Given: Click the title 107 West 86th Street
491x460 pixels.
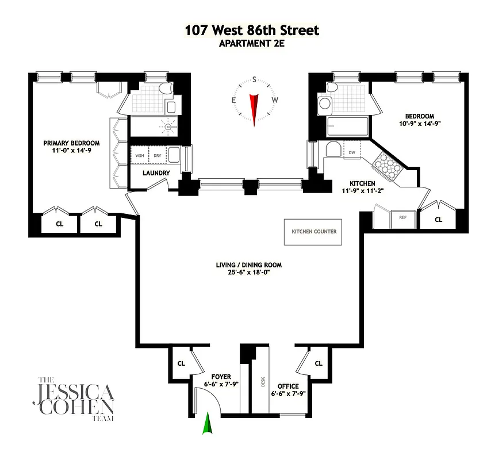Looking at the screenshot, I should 252,30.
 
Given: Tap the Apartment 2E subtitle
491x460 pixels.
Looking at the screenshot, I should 252,43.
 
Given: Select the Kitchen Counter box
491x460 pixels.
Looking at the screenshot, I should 313,232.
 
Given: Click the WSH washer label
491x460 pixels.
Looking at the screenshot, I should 140,155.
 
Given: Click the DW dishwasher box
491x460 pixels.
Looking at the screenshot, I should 352,152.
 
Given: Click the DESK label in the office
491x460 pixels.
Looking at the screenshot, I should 261,380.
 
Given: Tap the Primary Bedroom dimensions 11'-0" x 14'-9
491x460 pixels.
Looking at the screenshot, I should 72,151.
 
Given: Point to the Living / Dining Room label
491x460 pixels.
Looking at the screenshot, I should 248,265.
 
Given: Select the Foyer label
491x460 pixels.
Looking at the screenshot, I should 221,377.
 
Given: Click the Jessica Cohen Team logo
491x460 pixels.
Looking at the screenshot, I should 76,399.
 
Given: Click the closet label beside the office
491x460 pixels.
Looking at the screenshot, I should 319,363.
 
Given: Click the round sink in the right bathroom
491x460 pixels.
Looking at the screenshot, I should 325,104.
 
